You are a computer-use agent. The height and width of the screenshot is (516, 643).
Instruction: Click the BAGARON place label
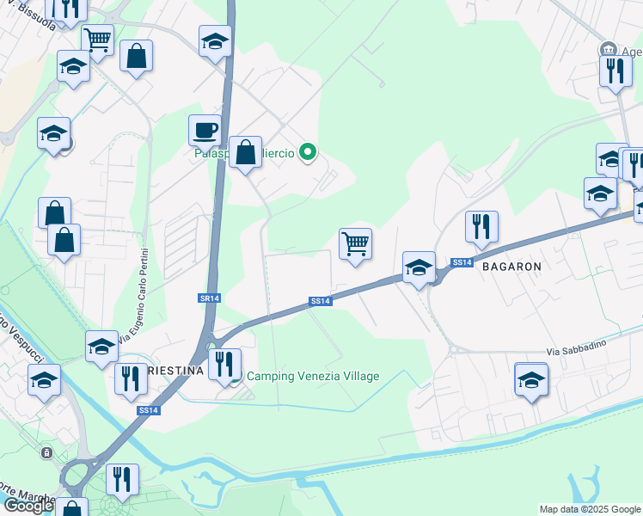(511, 267)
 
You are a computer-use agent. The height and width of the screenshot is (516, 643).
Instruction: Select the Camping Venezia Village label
(313, 376)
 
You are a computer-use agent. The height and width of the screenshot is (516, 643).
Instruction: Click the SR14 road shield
(209, 298)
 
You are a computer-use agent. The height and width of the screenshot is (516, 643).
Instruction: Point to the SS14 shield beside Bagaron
(462, 261)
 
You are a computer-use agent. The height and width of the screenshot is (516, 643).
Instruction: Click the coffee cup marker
(205, 131)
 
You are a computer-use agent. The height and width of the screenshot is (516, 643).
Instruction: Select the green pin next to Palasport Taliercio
(309, 153)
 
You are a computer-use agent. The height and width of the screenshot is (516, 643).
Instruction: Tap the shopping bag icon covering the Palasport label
(246, 153)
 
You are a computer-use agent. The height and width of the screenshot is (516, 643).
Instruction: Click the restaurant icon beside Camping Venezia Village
(224, 364)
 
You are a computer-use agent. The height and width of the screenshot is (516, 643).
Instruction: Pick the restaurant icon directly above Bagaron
(481, 226)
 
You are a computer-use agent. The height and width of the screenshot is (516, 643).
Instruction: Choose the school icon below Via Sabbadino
(531, 378)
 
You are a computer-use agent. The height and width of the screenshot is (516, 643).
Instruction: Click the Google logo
(28, 506)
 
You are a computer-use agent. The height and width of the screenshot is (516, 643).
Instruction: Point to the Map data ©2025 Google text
(590, 509)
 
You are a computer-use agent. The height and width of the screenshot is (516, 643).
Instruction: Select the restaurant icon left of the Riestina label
(131, 379)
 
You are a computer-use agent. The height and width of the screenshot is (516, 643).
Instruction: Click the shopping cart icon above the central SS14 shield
(355, 244)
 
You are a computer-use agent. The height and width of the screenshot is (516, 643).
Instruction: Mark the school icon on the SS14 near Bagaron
(419, 267)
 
